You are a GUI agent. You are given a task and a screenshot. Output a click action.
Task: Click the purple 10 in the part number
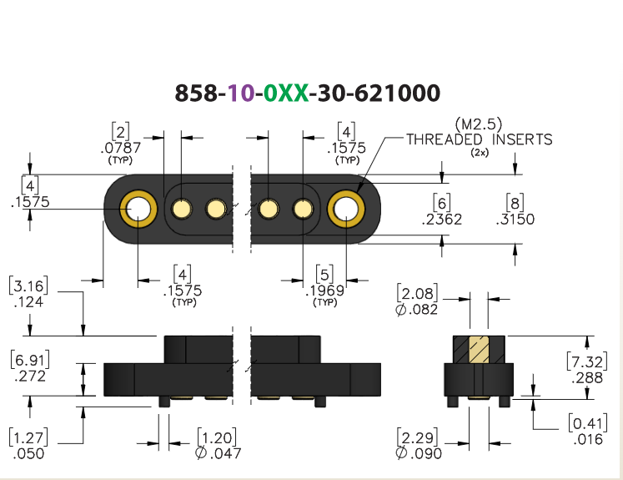click(241, 93)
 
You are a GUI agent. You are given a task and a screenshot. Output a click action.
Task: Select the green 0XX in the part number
click(286, 93)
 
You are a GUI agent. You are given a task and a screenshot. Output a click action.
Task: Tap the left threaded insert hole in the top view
click(138, 209)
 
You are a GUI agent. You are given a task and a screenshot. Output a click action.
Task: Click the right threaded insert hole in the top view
click(346, 209)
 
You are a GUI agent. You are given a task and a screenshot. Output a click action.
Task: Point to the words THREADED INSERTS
click(480, 139)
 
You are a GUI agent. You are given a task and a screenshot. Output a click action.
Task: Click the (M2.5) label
click(479, 124)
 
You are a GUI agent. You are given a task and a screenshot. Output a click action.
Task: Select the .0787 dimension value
click(121, 148)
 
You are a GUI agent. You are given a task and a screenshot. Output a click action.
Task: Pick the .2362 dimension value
click(442, 220)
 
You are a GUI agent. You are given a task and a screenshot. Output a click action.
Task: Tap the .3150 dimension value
click(515, 219)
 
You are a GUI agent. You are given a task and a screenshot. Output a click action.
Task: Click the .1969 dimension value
click(325, 291)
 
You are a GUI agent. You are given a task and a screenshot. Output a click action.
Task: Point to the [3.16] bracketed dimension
click(28, 285)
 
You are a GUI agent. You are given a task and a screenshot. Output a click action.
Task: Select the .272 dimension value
click(30, 376)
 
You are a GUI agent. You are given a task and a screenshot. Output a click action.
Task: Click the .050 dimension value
click(28, 454)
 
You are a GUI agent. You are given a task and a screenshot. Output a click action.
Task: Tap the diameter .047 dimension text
click(219, 453)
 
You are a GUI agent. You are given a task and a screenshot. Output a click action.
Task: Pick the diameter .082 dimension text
click(416, 310)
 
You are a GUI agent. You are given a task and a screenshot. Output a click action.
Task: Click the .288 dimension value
click(587, 378)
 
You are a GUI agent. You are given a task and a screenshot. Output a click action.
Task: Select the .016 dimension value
click(589, 439)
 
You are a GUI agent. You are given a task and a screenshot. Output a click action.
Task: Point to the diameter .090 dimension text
click(419, 453)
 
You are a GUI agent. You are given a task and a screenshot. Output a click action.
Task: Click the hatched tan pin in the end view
click(479, 350)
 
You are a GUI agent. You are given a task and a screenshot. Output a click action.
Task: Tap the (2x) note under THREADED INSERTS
click(480, 152)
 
